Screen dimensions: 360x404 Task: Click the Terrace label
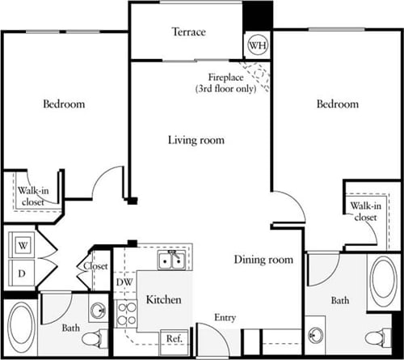click(188, 32)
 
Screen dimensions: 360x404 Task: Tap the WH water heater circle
click(258, 45)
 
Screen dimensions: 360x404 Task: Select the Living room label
click(196, 140)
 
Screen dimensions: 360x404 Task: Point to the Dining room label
click(263, 260)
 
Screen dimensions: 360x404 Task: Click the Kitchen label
click(163, 300)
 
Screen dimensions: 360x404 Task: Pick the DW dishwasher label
click(124, 282)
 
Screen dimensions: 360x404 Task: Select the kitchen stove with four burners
click(125, 313)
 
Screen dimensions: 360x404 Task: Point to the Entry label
click(225, 318)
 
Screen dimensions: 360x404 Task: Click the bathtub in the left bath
click(21, 328)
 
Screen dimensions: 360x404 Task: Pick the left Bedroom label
click(64, 104)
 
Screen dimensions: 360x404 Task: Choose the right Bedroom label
click(337, 104)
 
